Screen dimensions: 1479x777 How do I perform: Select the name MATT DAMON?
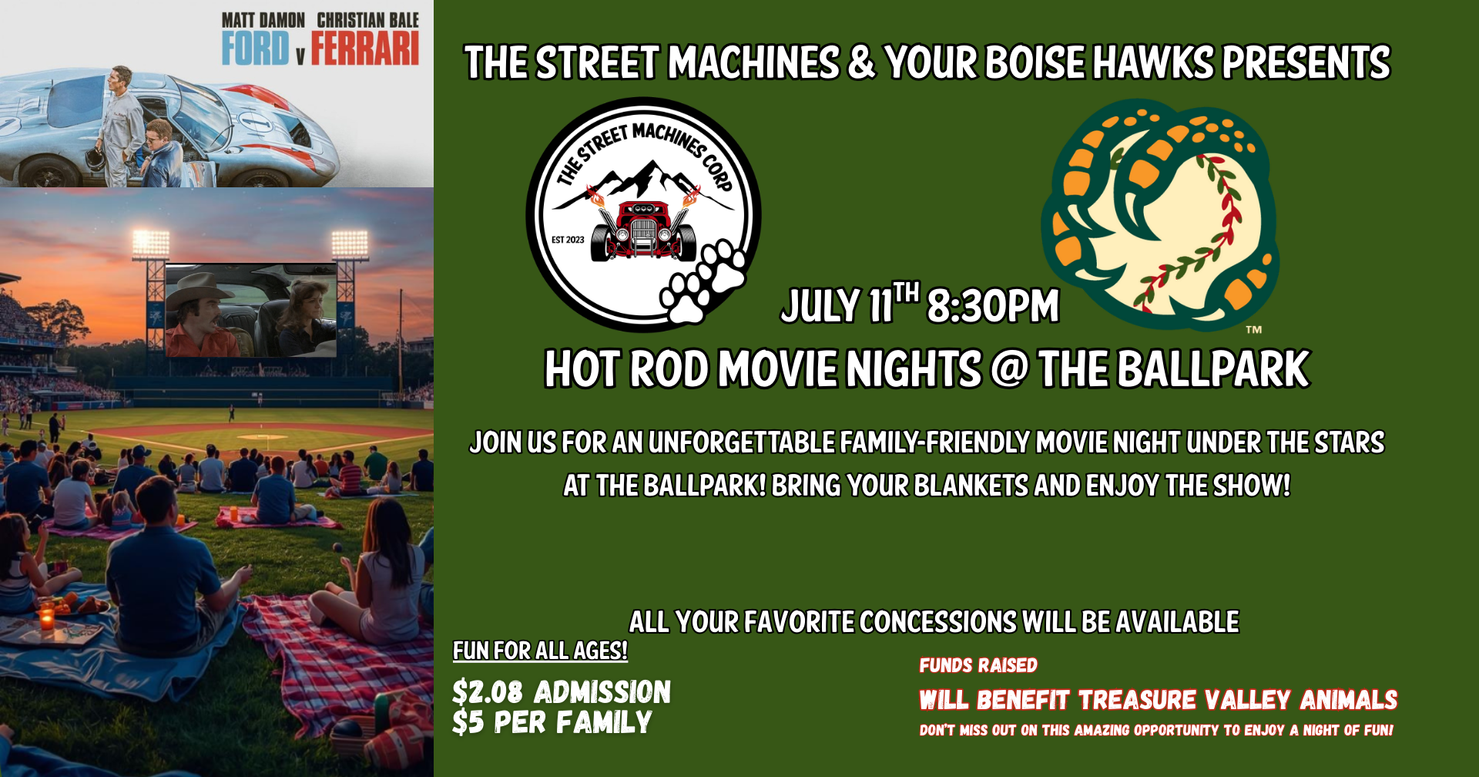coord(263,20)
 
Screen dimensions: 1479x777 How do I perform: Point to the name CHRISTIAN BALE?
coord(368,20)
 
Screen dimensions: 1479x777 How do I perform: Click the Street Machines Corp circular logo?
coord(643,214)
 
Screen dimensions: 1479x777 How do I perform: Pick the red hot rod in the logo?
coord(644,228)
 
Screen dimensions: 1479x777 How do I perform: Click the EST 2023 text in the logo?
coord(568,240)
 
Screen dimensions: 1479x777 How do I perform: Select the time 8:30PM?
coord(993,306)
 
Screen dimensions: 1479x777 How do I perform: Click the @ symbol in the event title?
coord(1009,369)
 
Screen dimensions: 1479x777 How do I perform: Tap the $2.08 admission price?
coord(488,692)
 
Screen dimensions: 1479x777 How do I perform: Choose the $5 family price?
coord(468,722)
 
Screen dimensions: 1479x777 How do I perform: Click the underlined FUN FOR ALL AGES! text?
coord(540,651)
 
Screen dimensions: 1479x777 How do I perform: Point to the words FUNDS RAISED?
coord(978,665)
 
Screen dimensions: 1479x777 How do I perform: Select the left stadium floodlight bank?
coord(151,244)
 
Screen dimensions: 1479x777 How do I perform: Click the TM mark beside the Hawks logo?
coord(1254,330)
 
